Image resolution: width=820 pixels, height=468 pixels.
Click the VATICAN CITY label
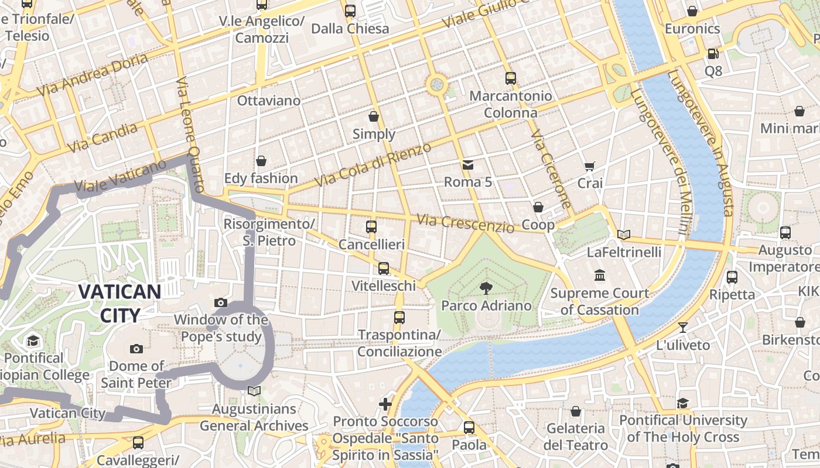pos(119,303)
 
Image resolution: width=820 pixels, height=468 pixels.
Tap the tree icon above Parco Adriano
pos(486,287)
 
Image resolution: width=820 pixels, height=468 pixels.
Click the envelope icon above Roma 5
pos(467,165)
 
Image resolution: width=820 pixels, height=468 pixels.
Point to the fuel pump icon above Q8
pos(713,54)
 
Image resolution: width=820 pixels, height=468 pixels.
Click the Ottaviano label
pos(268,101)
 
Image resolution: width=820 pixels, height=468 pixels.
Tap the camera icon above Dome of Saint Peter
pos(136,349)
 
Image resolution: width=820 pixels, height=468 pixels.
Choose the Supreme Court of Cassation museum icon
pos(600,275)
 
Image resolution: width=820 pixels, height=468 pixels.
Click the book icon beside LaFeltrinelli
pos(624,235)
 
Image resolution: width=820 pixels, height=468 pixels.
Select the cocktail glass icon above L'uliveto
pos(682,328)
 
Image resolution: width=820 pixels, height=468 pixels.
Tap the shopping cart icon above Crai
pos(590,166)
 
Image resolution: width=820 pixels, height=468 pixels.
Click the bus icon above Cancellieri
pos(371,226)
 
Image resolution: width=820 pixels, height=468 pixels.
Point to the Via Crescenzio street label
pos(465,223)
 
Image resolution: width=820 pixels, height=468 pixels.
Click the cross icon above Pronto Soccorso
pos(385,404)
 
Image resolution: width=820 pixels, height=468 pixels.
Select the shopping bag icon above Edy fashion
pos(261,161)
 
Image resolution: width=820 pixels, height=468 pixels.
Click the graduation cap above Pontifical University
pos(683,403)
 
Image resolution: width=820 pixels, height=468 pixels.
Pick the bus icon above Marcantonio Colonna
pos(510,78)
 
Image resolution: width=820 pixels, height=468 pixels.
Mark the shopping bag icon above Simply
pos(374,116)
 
